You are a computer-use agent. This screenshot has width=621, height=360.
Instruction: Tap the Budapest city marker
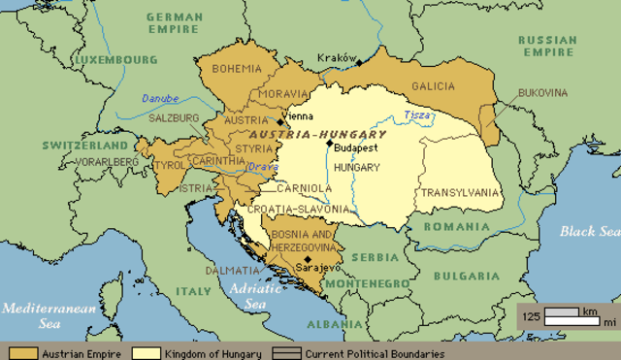[329, 144]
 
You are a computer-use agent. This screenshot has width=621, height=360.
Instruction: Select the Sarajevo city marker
[308, 259]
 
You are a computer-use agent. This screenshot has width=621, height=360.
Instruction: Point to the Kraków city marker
[358, 63]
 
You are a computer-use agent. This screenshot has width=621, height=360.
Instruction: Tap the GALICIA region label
[433, 86]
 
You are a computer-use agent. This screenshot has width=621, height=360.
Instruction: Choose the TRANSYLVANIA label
[460, 192]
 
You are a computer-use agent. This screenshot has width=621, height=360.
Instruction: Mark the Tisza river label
[418, 115]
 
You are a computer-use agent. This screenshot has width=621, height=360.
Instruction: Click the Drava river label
[262, 167]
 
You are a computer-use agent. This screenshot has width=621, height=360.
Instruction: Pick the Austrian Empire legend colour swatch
[22, 353]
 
